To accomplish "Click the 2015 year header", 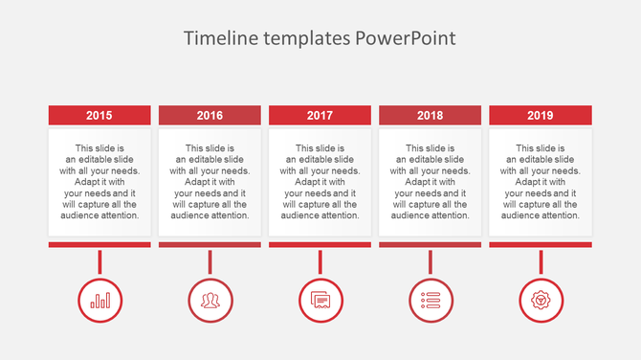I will (99, 115).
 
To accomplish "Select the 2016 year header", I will (210, 115).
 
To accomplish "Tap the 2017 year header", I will (320, 115).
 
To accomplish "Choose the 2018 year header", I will (430, 115).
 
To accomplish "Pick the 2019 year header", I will (541, 115).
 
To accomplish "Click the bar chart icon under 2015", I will (99, 300).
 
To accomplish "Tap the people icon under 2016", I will (210, 300).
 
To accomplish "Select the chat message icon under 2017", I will (320, 300).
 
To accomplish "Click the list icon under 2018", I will (430, 300).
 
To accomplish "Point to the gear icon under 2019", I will (541, 300).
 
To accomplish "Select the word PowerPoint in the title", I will (406, 38).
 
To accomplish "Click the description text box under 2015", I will (99, 182).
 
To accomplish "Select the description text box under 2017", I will (320, 182).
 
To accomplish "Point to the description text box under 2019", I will (541, 182).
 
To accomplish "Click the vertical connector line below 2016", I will (210, 261).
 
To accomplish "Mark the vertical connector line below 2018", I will (430, 261).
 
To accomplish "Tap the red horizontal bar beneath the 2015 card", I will (99, 244).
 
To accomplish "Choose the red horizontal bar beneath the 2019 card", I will (541, 244).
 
